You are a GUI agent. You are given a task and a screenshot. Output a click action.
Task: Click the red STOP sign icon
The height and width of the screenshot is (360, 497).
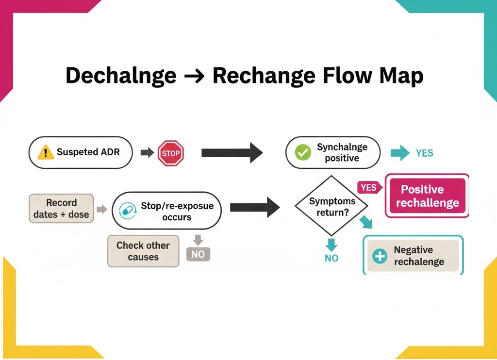(x=171, y=153)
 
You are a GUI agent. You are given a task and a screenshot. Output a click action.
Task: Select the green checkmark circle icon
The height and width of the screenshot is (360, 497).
(x=303, y=153)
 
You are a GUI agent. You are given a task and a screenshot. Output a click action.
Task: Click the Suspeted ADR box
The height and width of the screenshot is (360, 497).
(x=81, y=152)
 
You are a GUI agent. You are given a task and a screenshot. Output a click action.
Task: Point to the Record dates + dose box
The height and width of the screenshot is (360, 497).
(x=61, y=208)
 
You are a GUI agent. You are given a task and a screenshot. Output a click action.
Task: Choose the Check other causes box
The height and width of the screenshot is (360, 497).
(x=143, y=251)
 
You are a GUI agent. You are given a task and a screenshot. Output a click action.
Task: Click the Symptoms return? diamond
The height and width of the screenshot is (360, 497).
(x=332, y=207)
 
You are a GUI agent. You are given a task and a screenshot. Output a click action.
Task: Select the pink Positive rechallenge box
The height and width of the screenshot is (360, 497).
(x=427, y=196)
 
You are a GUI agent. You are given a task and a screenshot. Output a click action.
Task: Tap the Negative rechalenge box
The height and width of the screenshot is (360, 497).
(x=413, y=256)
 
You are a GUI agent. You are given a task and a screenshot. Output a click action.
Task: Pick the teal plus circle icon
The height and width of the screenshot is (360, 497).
(x=380, y=256)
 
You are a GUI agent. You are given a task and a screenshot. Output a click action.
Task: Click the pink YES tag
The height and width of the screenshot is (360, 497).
(x=368, y=187)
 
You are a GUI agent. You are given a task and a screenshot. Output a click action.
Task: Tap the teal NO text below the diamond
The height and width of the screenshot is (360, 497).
(x=331, y=258)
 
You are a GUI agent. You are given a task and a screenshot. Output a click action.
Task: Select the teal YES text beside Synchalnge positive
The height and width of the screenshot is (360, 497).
(x=424, y=153)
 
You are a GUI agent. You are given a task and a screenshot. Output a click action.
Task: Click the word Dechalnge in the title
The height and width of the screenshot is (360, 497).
(x=121, y=76)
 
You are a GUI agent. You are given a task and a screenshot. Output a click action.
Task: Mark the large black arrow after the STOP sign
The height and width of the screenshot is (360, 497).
(x=232, y=153)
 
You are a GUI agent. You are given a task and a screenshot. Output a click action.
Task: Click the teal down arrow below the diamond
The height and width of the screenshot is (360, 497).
(x=331, y=244)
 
